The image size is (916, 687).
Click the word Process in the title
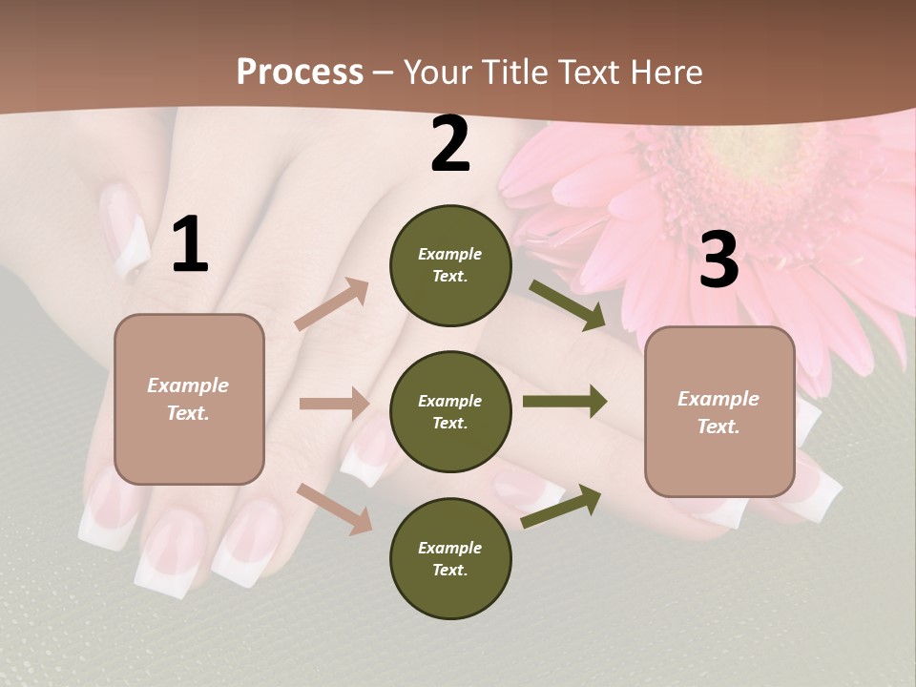[300, 72]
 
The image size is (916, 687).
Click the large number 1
[190, 245]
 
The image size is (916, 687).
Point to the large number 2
[450, 145]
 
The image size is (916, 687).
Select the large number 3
[718, 260]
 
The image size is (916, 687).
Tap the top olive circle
[450, 265]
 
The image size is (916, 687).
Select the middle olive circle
[450, 411]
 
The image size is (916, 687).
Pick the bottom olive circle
[450, 558]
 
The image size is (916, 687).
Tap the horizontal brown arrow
[334, 404]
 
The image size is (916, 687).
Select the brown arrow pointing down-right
[335, 508]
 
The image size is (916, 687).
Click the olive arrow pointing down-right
[568, 305]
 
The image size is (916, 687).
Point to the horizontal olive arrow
[564, 401]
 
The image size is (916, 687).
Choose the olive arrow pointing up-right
[561, 506]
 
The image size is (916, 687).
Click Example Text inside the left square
[188, 399]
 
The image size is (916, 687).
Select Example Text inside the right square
[718, 412]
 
